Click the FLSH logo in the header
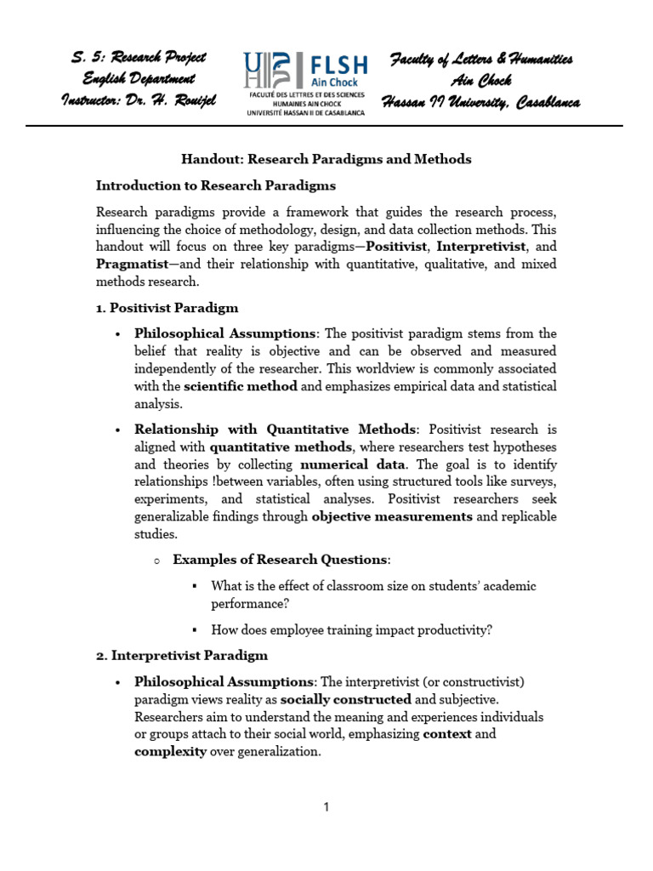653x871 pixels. click(304, 83)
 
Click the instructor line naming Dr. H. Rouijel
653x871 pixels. click(139, 100)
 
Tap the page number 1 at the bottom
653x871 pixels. click(326, 807)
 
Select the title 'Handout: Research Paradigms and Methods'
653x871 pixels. click(326, 159)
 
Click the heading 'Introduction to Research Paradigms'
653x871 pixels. click(216, 185)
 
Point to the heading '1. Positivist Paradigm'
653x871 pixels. click(168, 308)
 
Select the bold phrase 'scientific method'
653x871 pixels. click(241, 386)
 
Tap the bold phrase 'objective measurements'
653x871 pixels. click(392, 516)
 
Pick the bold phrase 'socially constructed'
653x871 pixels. click(346, 699)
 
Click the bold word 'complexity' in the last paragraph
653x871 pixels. click(170, 752)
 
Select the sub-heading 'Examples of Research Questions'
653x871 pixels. click(280, 560)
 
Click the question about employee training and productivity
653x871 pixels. click(352, 630)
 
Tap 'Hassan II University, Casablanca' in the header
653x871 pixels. click(481, 102)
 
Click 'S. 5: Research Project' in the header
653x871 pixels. click(139, 58)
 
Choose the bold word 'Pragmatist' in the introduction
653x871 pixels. click(132, 265)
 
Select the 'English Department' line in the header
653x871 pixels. click(139, 79)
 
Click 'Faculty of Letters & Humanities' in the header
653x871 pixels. click(481, 59)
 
